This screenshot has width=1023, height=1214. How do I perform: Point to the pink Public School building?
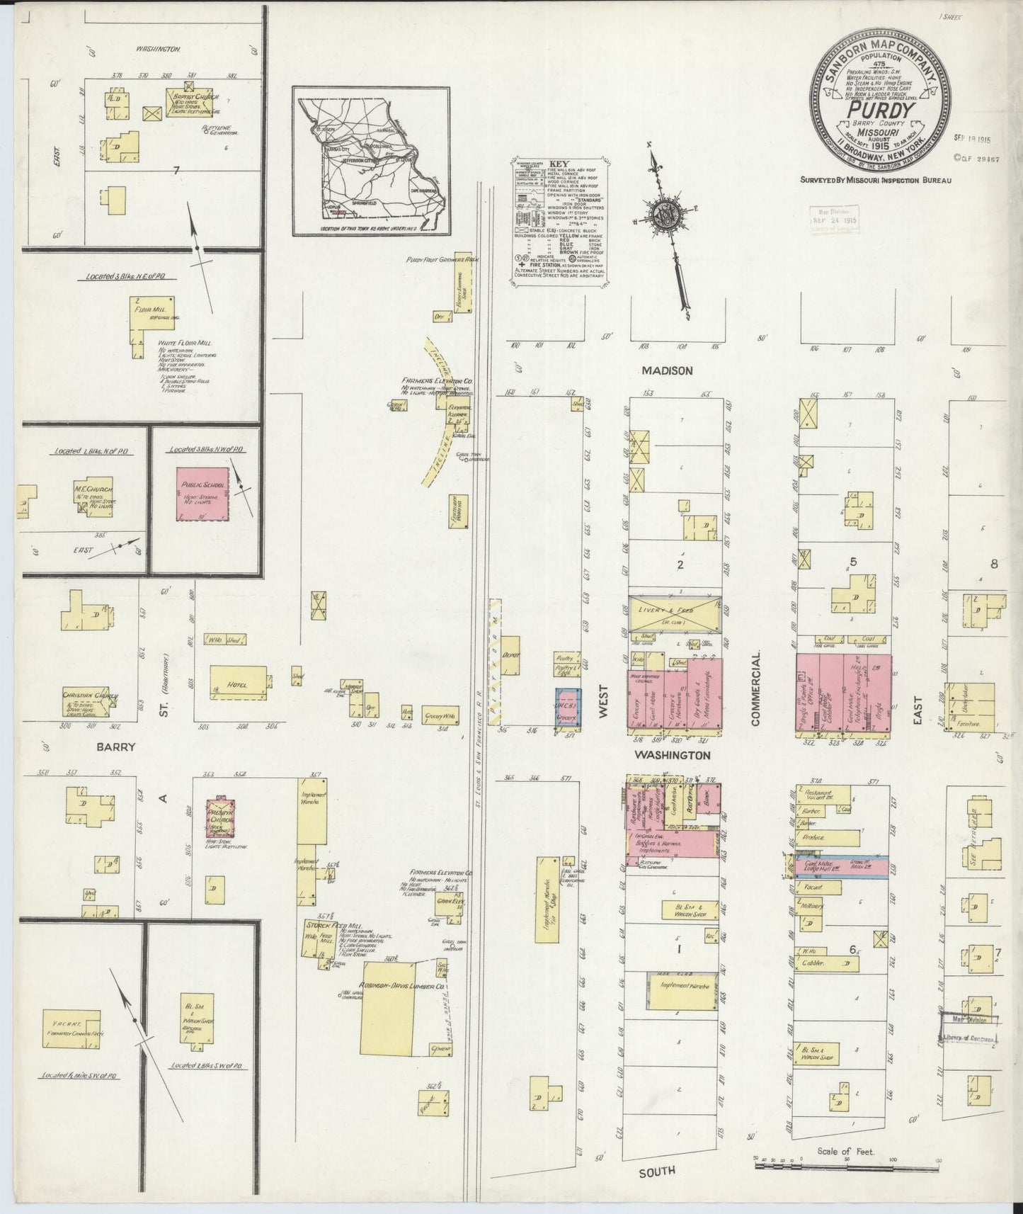(202, 493)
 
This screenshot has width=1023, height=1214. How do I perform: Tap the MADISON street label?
(666, 370)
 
